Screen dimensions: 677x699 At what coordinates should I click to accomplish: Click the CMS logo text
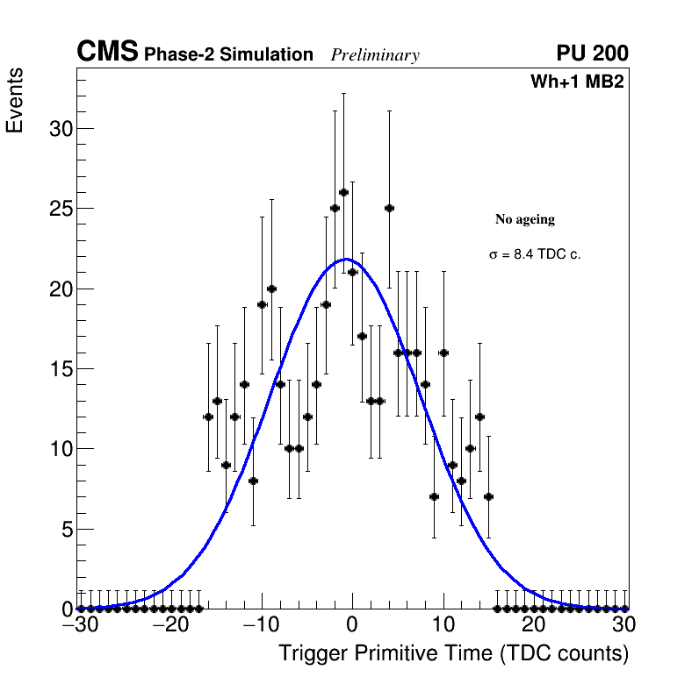tap(107, 53)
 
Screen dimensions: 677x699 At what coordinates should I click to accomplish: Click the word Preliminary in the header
tap(375, 55)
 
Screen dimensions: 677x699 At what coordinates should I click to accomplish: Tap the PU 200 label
tap(592, 54)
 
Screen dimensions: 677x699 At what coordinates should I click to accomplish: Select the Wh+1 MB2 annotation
tap(576, 82)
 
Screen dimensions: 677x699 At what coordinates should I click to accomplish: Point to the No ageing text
tap(525, 219)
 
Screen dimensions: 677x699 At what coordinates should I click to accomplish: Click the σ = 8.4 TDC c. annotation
tap(535, 254)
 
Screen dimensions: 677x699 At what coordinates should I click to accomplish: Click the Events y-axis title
tap(15, 101)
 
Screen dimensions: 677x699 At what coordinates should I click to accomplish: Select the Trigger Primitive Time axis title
tap(453, 653)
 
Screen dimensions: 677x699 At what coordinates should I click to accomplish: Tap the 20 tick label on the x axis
tap(534, 625)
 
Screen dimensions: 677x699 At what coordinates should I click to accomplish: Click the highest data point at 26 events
tap(343, 193)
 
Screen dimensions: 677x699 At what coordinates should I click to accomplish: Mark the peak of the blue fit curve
tap(347, 259)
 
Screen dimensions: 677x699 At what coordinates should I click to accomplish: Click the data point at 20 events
tap(271, 289)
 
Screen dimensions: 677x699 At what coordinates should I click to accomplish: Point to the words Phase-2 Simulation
tap(228, 55)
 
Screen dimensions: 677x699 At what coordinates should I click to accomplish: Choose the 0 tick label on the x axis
tap(352, 625)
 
